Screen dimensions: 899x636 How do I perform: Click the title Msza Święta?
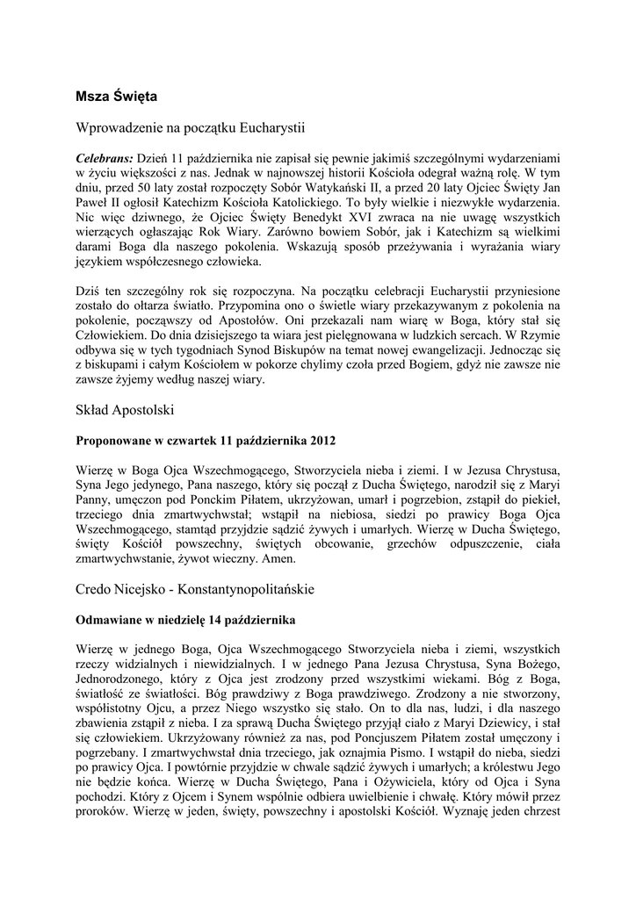[116, 93]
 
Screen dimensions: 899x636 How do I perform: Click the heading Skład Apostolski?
[126, 410]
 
